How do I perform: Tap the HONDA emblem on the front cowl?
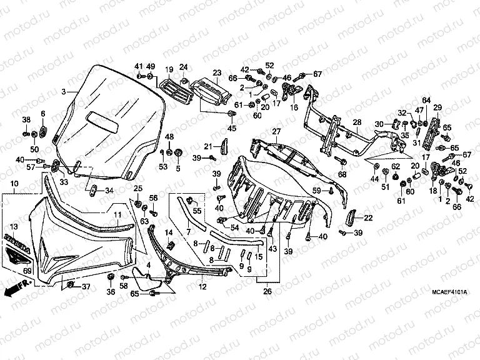16,239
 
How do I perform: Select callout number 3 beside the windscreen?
63,92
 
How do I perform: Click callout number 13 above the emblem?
14,226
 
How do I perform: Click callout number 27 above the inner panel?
276,131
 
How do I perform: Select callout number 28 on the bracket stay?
357,122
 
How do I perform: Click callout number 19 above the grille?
169,69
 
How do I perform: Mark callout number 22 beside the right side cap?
368,217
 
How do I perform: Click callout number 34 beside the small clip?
109,191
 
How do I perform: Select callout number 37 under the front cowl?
86,287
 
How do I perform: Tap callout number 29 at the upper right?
437,107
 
